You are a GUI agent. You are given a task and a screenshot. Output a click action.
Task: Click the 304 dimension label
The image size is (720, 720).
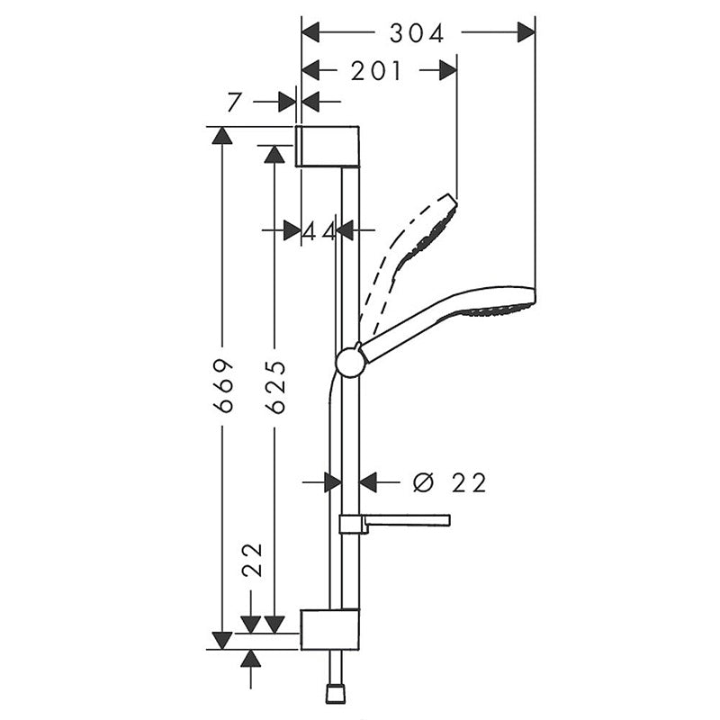(x=417, y=33)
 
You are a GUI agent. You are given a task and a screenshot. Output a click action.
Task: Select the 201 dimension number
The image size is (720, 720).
(x=376, y=70)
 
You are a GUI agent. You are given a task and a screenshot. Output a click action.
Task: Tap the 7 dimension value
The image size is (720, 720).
(x=234, y=102)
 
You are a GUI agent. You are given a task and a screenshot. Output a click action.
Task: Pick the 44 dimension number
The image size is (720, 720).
(x=319, y=231)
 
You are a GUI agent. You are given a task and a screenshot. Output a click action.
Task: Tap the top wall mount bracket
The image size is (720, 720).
(x=328, y=147)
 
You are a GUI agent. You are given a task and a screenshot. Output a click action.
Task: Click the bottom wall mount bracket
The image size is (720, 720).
(x=328, y=629)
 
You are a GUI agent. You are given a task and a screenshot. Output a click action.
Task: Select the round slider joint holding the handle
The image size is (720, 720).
(x=350, y=362)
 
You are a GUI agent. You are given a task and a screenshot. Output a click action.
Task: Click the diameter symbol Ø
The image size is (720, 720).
(x=422, y=483)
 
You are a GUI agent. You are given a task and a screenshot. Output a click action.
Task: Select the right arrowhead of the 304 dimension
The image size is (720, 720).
(x=526, y=33)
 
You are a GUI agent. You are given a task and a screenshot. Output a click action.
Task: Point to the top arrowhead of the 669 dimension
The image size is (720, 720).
(x=222, y=135)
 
